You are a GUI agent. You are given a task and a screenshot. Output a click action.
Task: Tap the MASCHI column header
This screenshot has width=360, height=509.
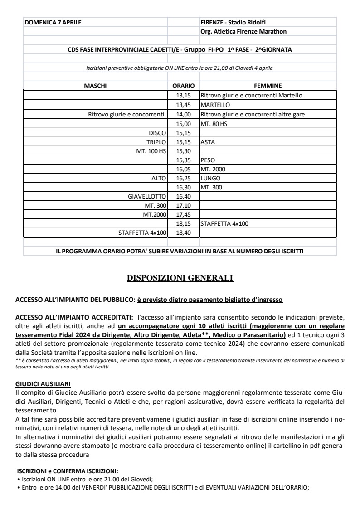[95, 85]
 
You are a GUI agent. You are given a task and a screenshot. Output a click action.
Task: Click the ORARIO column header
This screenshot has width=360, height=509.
[183, 85]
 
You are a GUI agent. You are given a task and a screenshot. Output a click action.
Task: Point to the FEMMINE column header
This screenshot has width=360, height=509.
[268, 85]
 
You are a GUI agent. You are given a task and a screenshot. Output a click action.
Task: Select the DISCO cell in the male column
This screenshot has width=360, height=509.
[158, 133]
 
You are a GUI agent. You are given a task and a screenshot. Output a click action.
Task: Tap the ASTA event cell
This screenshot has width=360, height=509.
[208, 142]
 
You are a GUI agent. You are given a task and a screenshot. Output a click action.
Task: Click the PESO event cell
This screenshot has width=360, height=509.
[208, 160]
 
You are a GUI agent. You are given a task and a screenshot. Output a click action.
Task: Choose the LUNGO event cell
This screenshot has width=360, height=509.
[210, 178]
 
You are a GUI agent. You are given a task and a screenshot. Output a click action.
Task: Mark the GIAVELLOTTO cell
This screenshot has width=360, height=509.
[148, 196]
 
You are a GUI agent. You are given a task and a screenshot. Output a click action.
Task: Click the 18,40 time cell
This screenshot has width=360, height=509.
[183, 233]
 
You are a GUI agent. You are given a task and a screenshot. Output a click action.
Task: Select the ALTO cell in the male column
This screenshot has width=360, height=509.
[159, 178]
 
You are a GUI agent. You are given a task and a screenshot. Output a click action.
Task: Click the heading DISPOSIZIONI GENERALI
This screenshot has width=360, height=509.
[180, 278]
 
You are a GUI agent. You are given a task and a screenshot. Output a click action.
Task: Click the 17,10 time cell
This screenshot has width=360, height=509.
[183, 205]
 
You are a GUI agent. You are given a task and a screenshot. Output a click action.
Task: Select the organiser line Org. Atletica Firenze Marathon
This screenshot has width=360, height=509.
[243, 31]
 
